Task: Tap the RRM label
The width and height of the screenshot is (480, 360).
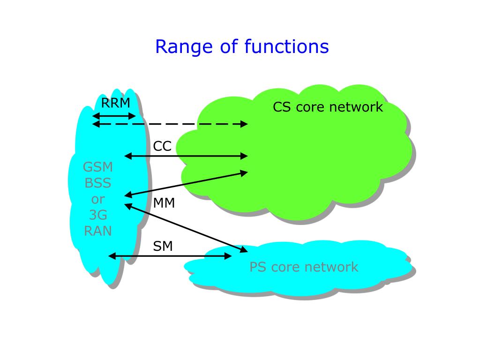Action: pos(116,103)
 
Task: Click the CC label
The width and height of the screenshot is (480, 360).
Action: pos(162,146)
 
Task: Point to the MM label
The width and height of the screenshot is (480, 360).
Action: pos(164,203)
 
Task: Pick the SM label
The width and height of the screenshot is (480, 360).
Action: pos(163,246)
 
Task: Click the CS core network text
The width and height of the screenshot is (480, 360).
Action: pos(328,107)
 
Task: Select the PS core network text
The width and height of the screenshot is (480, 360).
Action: pos(303,267)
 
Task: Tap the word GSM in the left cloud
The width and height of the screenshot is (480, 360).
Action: pos(98,167)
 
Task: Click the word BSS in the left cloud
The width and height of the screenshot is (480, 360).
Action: pos(98,183)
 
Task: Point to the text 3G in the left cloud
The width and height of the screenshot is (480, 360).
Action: pos(98,215)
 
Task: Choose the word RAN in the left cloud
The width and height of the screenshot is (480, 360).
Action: pos(98,231)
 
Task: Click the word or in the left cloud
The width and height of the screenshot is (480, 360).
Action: pos(98,199)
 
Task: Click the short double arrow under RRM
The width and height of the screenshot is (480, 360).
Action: pos(114,116)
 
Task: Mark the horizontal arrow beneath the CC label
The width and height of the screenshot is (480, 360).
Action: pos(186,156)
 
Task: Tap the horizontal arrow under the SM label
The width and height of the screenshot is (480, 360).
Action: pos(170,256)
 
